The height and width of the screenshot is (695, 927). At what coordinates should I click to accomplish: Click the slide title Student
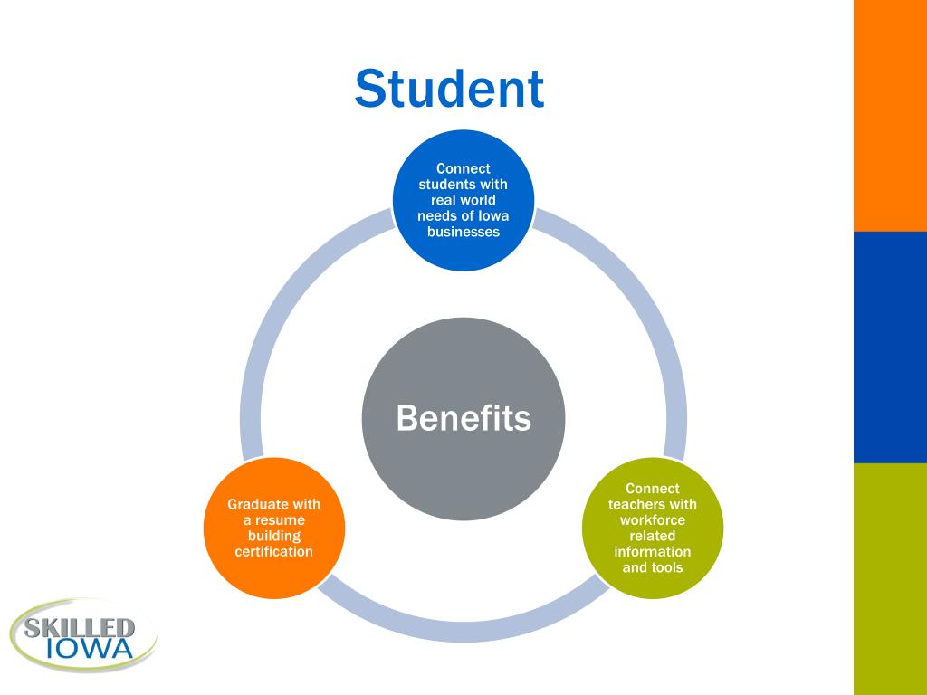449,90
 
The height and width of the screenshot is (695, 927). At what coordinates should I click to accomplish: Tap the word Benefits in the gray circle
463,419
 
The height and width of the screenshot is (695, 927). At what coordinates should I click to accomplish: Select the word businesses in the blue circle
463,232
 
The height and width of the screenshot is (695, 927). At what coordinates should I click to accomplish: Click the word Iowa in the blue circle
494,215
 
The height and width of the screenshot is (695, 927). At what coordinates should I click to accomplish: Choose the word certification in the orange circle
273,551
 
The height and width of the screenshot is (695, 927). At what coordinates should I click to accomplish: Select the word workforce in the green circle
652,520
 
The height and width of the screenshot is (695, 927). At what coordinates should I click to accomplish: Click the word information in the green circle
652,552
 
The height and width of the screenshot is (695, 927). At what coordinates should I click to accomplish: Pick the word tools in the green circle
666,567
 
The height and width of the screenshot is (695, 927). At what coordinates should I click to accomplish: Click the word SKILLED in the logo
80,627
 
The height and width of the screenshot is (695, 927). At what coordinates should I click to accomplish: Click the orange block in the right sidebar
890,115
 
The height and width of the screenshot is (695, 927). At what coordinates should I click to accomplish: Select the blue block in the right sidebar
890,347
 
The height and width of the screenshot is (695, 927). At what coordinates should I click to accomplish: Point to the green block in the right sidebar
890,579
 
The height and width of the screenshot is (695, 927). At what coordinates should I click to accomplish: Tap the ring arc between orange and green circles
463,631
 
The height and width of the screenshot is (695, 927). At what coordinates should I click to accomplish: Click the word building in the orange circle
273,536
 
